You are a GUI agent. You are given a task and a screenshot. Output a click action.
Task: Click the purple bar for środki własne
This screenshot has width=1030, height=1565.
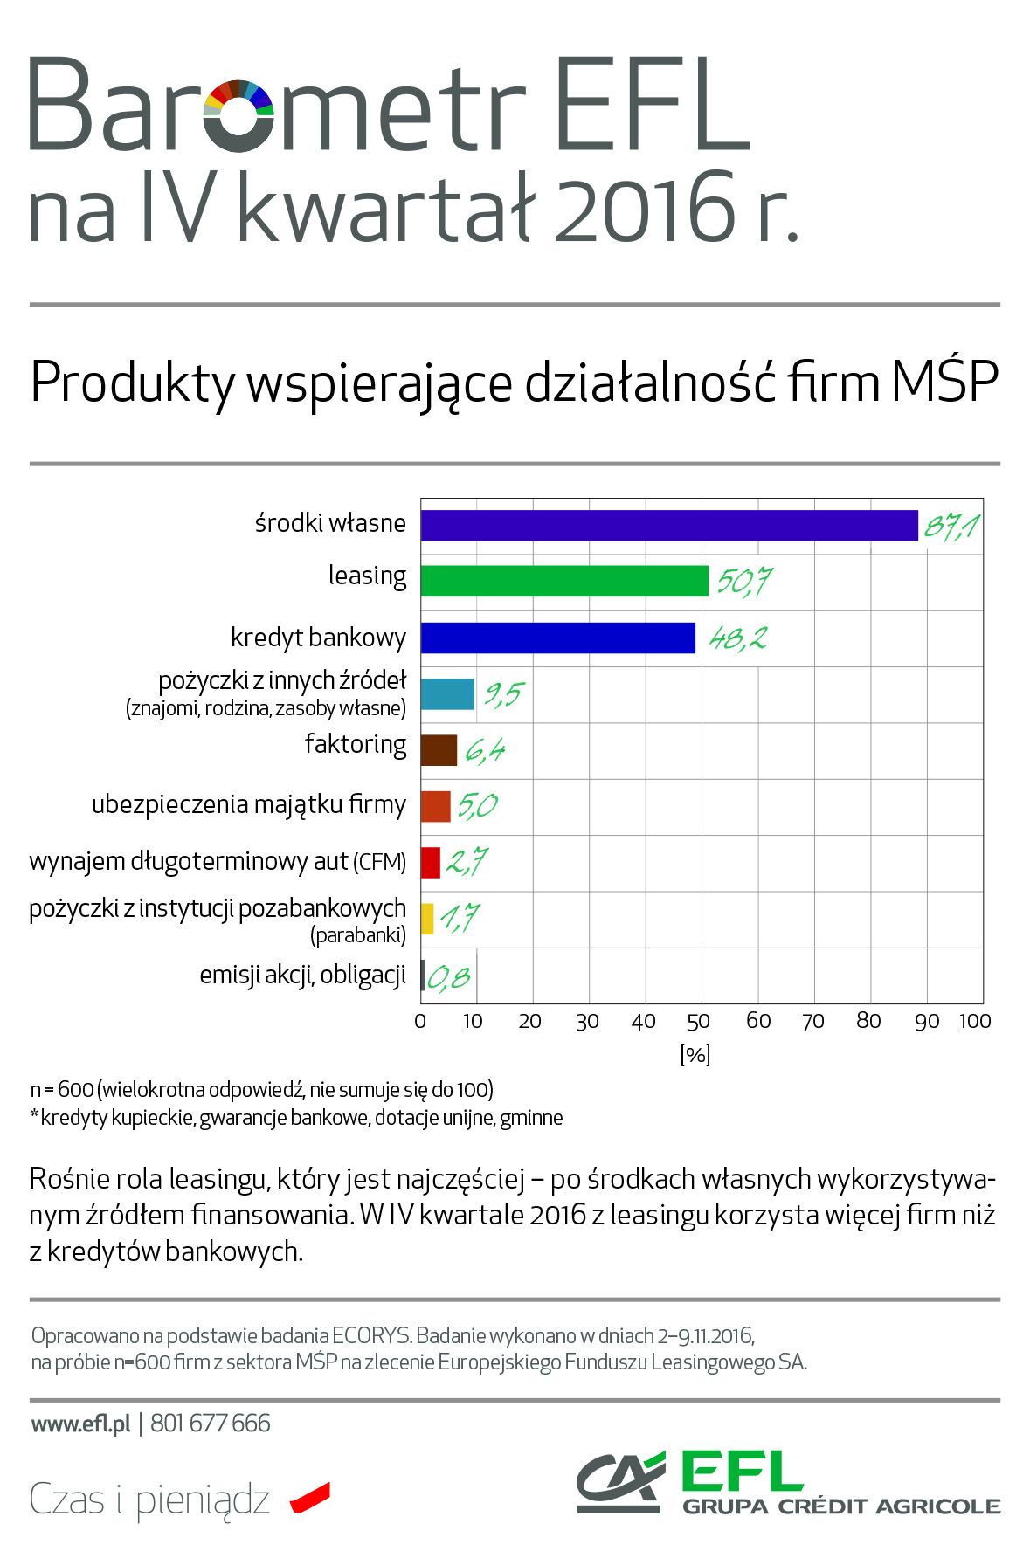(x=668, y=526)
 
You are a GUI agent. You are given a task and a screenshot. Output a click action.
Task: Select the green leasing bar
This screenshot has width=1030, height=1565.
(x=563, y=581)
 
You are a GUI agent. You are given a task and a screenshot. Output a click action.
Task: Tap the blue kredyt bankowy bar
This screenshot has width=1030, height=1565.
(x=557, y=638)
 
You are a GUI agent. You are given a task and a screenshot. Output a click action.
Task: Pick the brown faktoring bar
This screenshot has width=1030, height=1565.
(x=439, y=750)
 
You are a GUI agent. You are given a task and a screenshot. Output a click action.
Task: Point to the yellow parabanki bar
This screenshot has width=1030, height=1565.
(x=427, y=919)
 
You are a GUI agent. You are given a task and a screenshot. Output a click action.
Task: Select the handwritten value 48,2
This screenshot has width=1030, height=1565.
(x=738, y=638)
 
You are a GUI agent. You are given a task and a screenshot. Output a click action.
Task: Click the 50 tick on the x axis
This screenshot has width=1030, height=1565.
(x=699, y=1022)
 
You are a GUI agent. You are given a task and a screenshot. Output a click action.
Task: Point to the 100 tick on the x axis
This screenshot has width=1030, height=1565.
(x=975, y=1022)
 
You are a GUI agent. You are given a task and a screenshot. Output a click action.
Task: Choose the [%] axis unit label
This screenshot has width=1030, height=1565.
(x=695, y=1054)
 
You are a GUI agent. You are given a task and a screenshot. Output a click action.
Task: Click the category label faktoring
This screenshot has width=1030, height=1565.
(x=356, y=744)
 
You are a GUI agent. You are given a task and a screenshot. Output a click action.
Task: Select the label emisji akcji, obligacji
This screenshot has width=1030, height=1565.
(x=302, y=975)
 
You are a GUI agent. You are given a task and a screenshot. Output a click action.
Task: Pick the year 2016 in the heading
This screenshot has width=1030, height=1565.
(x=645, y=210)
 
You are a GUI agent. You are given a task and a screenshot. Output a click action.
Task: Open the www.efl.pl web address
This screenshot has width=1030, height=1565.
(x=80, y=1424)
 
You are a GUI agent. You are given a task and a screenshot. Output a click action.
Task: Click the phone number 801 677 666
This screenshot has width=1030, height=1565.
(x=211, y=1424)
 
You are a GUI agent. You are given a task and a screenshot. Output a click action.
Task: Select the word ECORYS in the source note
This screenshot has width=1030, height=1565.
(x=370, y=1336)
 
